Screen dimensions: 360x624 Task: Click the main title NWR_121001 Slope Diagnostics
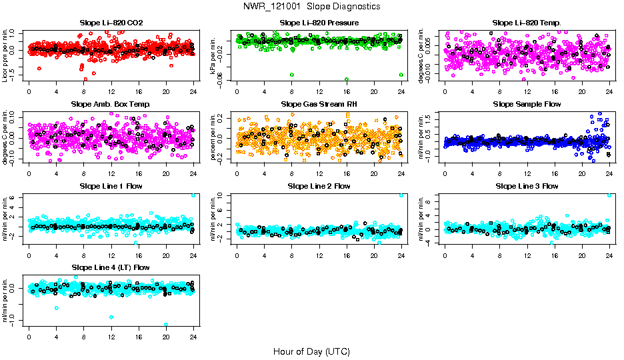click(x=311, y=6)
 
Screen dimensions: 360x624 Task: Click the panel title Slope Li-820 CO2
click(x=111, y=23)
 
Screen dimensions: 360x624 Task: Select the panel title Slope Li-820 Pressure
click(x=319, y=23)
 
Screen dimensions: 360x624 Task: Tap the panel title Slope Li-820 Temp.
click(x=527, y=23)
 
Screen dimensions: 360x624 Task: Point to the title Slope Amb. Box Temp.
click(x=111, y=104)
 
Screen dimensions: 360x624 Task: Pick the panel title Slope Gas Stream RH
click(x=319, y=104)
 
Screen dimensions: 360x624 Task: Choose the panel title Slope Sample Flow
click(x=527, y=104)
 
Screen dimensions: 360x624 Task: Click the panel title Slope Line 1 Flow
click(x=111, y=185)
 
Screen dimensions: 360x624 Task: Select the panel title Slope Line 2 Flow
click(x=319, y=185)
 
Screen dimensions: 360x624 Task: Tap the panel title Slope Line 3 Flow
click(x=527, y=185)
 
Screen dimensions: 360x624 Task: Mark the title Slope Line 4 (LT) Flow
click(x=111, y=267)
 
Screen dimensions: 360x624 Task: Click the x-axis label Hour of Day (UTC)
click(x=311, y=351)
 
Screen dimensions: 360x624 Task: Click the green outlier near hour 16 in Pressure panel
click(x=347, y=79)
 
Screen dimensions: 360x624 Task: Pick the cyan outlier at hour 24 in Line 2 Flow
click(x=401, y=195)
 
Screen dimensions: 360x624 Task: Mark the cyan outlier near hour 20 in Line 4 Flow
click(x=166, y=324)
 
